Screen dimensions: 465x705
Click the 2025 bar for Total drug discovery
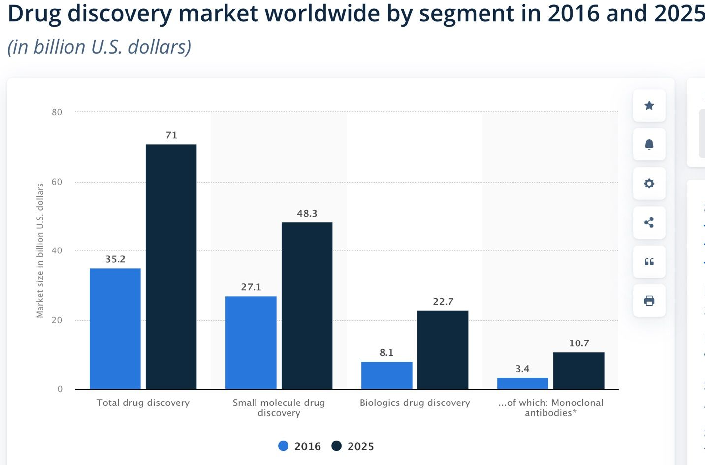(171, 266)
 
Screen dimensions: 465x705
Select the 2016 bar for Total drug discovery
(115, 328)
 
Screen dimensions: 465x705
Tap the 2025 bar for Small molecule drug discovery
(307, 306)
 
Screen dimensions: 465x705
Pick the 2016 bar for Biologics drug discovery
(386, 375)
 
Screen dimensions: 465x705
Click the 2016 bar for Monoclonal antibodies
(522, 383)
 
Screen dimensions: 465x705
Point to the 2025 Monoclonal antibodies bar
(578, 371)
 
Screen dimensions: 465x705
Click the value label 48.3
(307, 213)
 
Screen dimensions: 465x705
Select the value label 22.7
(443, 302)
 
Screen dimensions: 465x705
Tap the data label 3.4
(522, 369)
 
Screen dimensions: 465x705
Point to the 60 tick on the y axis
(57, 182)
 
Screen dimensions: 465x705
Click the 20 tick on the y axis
(57, 320)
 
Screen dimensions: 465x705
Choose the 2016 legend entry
(299, 446)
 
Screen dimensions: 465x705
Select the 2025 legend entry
(352, 446)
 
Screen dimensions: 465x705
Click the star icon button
(649, 105)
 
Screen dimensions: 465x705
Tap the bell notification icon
(649, 144)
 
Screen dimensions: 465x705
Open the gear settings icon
(649, 183)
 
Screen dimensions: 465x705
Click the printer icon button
(649, 301)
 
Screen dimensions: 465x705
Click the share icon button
(649, 222)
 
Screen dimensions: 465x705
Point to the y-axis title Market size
(40, 250)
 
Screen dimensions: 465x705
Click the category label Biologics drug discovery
(415, 403)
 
